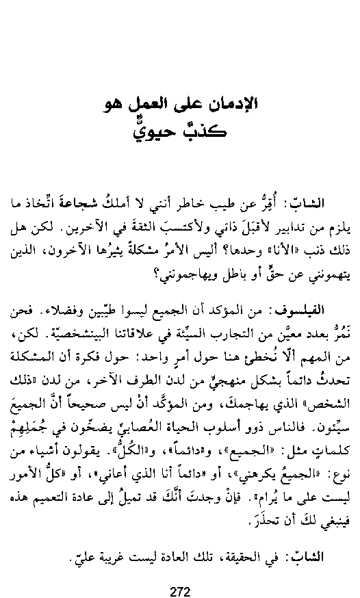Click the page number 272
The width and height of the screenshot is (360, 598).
179,573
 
